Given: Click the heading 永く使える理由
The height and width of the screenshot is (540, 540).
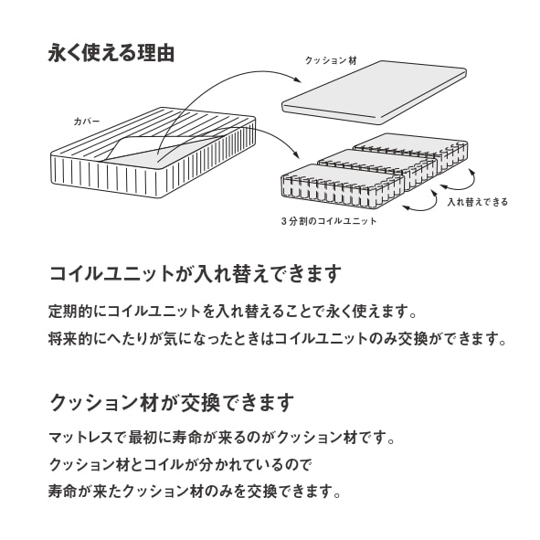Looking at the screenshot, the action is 111,53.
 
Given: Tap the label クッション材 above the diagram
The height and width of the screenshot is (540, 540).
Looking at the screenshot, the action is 331,60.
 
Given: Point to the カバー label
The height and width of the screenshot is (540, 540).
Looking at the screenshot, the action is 87,122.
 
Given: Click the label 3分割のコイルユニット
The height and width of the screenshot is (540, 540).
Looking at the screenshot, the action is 329,221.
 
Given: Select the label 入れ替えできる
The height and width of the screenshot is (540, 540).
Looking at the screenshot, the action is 478,202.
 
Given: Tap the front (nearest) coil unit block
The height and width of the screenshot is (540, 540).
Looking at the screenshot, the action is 343,186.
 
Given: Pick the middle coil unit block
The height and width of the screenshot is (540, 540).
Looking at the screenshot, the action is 378,169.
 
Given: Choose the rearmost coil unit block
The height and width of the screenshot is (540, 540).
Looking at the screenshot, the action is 411,153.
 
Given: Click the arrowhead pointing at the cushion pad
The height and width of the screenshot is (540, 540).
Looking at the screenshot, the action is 298,79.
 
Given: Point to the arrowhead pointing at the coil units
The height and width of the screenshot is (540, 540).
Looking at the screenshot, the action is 295,154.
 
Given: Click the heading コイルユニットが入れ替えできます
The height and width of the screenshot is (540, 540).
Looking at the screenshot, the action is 196,274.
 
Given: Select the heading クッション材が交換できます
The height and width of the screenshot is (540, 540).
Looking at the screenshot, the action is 172,403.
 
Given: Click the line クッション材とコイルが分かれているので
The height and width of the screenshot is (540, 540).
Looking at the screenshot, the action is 180,464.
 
